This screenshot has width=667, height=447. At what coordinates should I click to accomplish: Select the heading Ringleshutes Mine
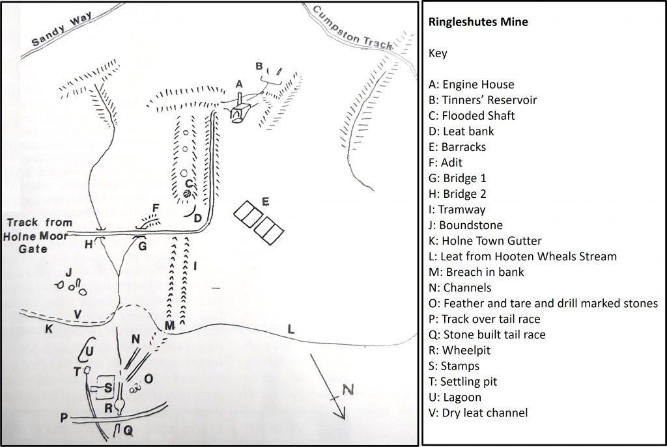(x=478, y=21)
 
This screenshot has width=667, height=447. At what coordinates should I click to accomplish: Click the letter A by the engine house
(x=239, y=83)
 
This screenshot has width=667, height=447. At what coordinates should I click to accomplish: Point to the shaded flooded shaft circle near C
(x=187, y=193)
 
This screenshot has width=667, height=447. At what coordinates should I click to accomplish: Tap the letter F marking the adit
(x=155, y=208)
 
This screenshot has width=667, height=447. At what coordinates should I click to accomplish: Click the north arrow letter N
(x=348, y=390)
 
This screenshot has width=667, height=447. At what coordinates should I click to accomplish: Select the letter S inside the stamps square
(x=108, y=388)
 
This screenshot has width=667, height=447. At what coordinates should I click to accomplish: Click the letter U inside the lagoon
(x=89, y=351)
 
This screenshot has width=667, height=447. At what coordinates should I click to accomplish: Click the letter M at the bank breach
(x=169, y=325)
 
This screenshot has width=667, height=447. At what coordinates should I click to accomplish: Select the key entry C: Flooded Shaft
(x=472, y=116)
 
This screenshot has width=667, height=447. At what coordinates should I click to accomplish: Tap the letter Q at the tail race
(x=128, y=429)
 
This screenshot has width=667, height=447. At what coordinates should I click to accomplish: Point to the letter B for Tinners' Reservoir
(x=259, y=66)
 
